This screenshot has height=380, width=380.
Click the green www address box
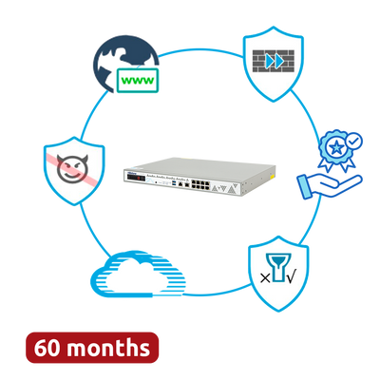(138, 81)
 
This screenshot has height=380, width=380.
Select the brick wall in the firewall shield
(274, 61)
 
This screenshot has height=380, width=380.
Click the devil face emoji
(72, 169)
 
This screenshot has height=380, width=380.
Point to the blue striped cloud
(138, 274)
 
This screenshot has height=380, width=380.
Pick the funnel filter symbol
(278, 267)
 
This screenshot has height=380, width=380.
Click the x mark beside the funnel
(265, 278)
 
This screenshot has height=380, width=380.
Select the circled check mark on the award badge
(353, 141)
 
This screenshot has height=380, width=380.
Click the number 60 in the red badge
(47, 348)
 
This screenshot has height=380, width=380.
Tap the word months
(108, 348)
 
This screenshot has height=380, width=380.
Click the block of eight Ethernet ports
(200, 183)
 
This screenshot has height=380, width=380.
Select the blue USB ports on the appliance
(174, 183)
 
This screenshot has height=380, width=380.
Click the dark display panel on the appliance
(137, 179)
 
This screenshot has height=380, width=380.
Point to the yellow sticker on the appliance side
(272, 175)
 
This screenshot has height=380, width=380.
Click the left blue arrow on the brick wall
(270, 62)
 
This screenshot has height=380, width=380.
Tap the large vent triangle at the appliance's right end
(233, 190)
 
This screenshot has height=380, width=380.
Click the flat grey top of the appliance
(202, 165)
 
